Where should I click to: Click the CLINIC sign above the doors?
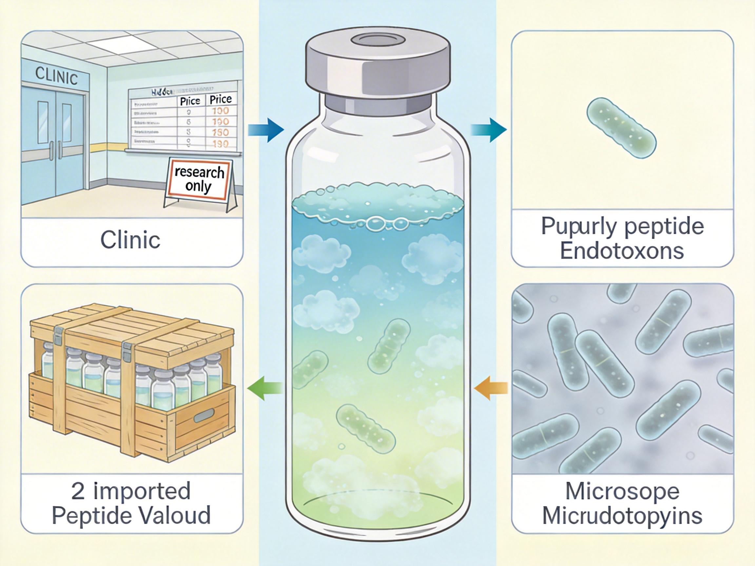[56, 75]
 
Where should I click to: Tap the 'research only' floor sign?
[199, 179]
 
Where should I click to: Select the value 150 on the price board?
[220, 132]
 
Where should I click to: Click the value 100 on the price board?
[220, 111]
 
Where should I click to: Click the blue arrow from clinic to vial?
[266, 130]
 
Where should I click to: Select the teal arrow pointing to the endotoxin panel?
[489, 130]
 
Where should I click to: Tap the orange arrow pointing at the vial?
[491, 388]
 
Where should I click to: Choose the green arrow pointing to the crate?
[265, 388]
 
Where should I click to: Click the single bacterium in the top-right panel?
[621, 128]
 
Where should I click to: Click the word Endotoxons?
[622, 252]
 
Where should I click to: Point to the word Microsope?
[622, 492]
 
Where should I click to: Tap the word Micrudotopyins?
[622, 516]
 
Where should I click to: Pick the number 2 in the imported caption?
[78, 492]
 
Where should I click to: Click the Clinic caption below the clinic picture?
[130, 240]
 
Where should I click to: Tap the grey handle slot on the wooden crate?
[204, 417]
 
